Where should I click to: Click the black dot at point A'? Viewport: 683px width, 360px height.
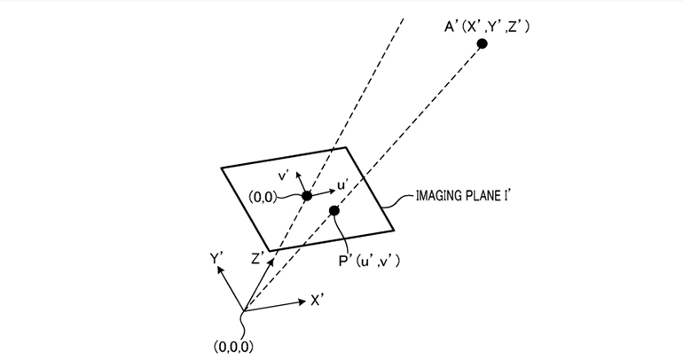coord(482,43)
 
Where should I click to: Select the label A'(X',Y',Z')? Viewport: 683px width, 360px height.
coord(487,27)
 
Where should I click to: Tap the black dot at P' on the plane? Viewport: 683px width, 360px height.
coord(334,210)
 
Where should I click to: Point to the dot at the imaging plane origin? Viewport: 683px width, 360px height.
coord(306,195)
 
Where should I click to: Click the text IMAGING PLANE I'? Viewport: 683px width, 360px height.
coord(467,195)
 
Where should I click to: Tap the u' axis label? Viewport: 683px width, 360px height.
coord(347,186)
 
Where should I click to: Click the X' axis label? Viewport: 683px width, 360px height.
coord(318,301)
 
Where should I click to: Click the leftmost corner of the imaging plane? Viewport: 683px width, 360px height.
coord(221,166)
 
